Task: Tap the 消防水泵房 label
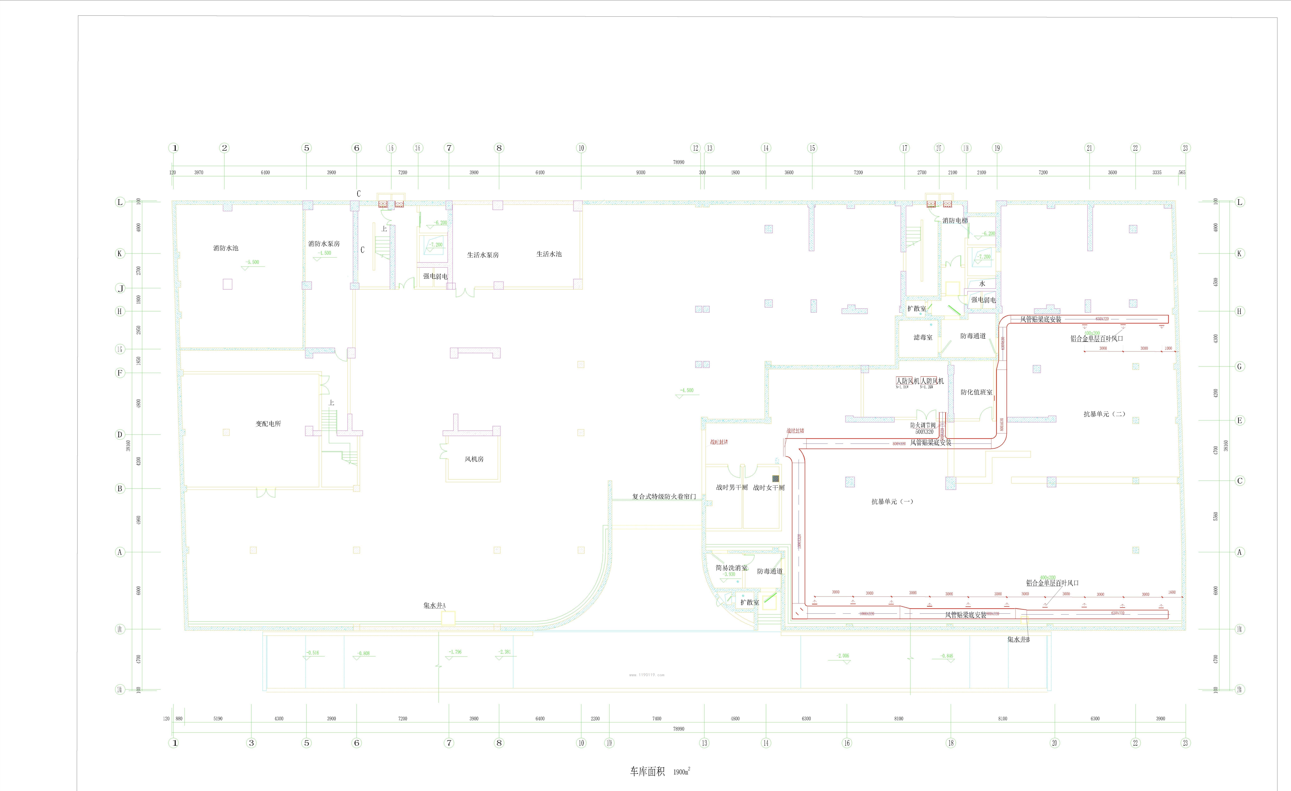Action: [x=324, y=244]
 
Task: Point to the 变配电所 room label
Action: [x=268, y=424]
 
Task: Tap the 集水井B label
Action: [x=1018, y=640]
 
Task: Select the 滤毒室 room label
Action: [x=923, y=338]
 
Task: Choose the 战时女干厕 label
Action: [x=769, y=487]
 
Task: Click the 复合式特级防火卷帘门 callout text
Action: [x=664, y=496]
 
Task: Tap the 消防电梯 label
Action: [x=955, y=221]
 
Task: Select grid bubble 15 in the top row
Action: [x=812, y=148]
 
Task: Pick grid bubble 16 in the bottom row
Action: [x=847, y=743]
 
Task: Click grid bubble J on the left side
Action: [x=120, y=288]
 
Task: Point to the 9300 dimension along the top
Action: [x=640, y=172]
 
